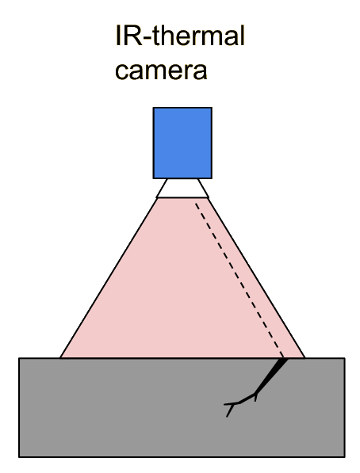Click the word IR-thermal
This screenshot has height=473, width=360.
click(x=180, y=36)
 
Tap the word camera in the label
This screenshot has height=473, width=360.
click(x=161, y=71)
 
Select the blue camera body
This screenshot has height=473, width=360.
click(x=182, y=143)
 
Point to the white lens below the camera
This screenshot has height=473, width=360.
click(x=182, y=189)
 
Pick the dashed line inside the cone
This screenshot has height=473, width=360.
click(x=239, y=280)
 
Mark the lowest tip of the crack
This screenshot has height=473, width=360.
click(x=227, y=417)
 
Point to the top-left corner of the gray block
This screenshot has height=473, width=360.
click(x=19, y=358)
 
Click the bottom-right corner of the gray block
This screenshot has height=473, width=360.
click(x=345, y=456)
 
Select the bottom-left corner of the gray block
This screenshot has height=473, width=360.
click(x=19, y=456)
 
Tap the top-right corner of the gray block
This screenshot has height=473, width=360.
click(x=345, y=358)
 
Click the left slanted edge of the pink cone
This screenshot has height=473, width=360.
click(x=109, y=278)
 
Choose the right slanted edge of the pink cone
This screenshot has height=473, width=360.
click(x=256, y=278)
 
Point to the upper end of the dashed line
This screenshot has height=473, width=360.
click(x=195, y=204)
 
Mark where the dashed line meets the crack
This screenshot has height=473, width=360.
click(x=283, y=358)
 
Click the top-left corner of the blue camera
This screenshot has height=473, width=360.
click(x=153, y=108)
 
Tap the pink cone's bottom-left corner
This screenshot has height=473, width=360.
click(x=60, y=358)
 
